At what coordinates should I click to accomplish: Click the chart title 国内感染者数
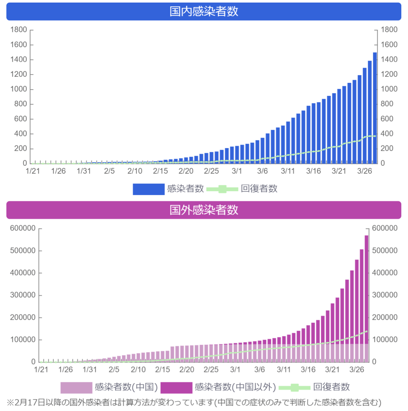(x=204, y=11)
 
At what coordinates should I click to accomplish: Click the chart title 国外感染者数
(x=204, y=210)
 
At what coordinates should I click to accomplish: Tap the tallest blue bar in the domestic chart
(x=375, y=108)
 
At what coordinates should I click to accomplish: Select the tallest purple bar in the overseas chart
(x=366, y=299)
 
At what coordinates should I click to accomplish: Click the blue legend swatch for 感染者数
(x=149, y=189)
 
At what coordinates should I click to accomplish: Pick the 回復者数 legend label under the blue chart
(x=259, y=188)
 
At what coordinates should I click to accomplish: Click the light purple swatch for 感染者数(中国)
(x=76, y=388)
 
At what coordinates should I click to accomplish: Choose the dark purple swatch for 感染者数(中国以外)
(x=176, y=388)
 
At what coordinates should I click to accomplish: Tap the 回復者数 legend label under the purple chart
(x=331, y=387)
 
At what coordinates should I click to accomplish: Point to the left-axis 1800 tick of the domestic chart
(x=19, y=30)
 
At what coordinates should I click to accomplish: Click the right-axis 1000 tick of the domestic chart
(x=389, y=89)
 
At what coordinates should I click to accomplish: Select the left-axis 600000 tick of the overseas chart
(x=23, y=228)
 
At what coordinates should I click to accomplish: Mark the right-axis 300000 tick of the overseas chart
(x=385, y=295)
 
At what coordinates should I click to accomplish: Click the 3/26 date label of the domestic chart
(x=364, y=171)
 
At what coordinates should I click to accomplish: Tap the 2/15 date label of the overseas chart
(x=162, y=370)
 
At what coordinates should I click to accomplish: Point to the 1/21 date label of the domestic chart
(x=33, y=171)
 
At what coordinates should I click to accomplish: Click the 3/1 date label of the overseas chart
(x=235, y=370)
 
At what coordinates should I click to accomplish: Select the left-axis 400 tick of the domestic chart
(x=21, y=134)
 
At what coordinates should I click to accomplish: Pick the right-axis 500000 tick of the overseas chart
(x=385, y=250)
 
